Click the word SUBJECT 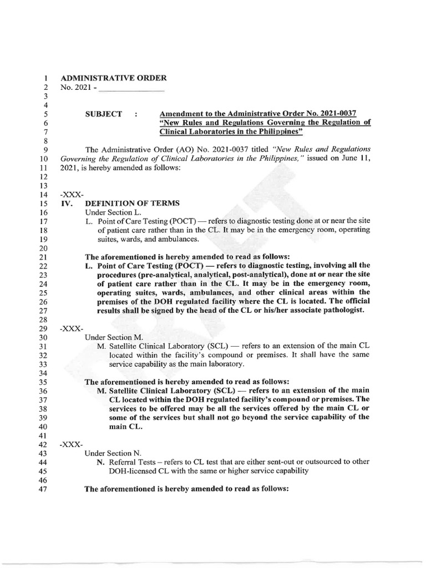[103, 114]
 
